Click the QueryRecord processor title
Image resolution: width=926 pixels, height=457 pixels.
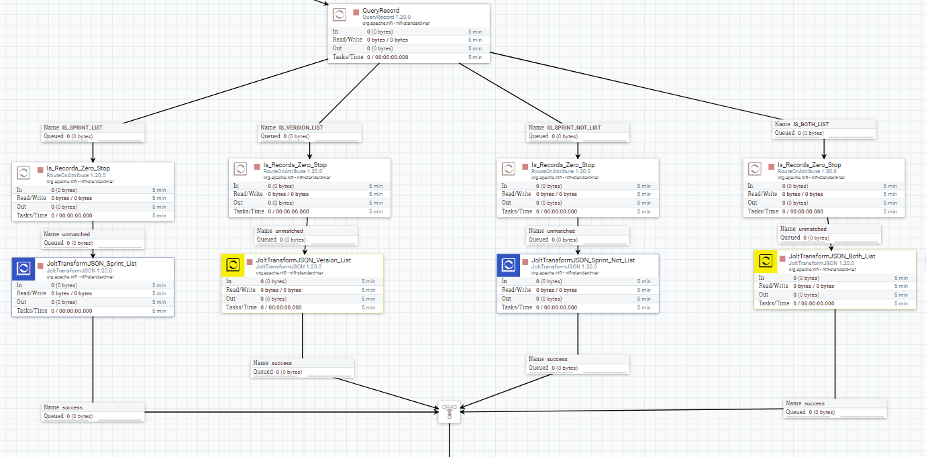[380, 11]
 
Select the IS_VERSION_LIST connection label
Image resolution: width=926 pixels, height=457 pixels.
[301, 128]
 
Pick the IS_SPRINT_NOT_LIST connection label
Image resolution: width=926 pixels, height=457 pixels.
[574, 128]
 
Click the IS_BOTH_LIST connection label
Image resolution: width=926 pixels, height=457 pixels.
[811, 124]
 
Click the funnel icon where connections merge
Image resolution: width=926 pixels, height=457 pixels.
[450, 412]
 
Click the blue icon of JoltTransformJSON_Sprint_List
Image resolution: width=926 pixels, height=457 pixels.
[23, 269]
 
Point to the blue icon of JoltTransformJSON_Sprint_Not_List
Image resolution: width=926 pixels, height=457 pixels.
[509, 266]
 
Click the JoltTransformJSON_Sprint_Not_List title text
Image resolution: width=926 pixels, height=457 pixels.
[582, 260]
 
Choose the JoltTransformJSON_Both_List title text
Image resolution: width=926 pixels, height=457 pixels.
[831, 256]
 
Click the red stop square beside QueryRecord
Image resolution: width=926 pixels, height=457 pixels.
[356, 11]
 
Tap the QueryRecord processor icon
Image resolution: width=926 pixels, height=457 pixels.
[340, 14]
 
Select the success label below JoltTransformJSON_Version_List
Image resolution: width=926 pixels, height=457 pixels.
[281, 363]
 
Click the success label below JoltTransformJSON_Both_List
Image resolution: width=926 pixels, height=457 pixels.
[813, 403]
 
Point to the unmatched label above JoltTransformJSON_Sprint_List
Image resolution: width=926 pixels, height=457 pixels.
[75, 234]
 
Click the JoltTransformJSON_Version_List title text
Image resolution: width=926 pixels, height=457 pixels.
[303, 260]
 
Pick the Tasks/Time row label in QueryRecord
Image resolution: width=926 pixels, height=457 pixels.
[348, 57]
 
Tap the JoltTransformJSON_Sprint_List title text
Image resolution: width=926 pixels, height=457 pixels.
[91, 264]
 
